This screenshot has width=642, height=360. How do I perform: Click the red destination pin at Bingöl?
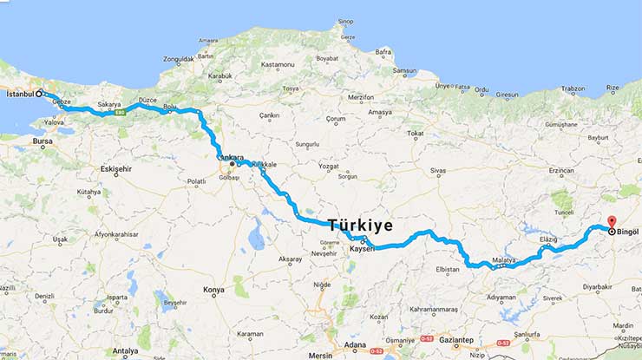coord(611,221)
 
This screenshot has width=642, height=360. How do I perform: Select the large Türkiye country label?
coord(360,226)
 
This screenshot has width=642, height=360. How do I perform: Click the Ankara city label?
coord(230,157)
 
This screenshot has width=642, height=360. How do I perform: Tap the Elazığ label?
coord(548,239)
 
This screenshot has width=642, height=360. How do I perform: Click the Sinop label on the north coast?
coord(345,22)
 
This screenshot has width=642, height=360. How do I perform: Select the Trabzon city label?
coord(573,88)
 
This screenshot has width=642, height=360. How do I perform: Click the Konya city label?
coord(213,289)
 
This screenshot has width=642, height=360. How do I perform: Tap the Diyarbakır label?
coord(597,285)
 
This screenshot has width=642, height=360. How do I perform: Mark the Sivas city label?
coord(436,171)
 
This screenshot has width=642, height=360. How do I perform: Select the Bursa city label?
coord(42,140)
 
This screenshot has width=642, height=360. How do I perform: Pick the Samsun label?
coord(405,71)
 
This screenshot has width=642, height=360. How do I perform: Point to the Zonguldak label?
coord(178,59)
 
